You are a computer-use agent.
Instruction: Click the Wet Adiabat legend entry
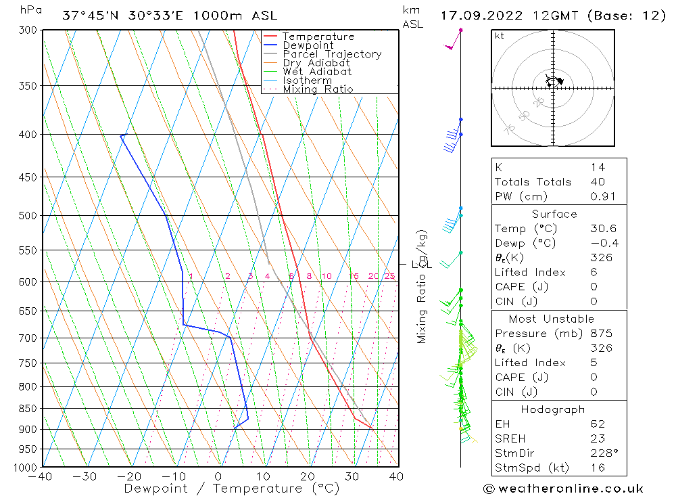(x=317, y=72)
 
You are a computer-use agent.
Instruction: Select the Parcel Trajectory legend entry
(x=332, y=54)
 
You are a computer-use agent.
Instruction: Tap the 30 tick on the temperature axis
(x=352, y=477)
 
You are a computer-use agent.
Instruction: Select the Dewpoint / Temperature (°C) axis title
(x=231, y=489)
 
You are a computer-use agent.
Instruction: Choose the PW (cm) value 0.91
(x=598, y=196)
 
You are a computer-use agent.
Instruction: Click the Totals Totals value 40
(x=598, y=181)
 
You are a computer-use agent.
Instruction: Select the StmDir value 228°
(x=600, y=453)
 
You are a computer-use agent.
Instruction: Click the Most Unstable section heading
(x=552, y=319)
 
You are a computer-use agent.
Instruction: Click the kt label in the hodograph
(x=500, y=36)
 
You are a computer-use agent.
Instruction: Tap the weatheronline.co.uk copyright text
(x=563, y=489)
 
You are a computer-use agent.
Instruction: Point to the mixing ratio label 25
(x=389, y=276)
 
